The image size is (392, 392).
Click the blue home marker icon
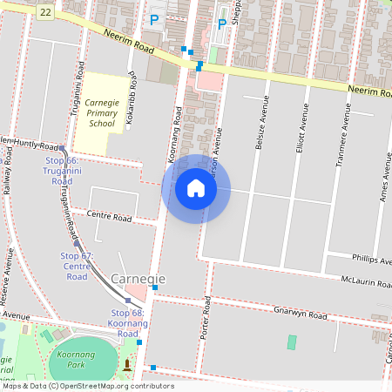click(x=196, y=189)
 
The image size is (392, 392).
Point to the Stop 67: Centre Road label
click(x=77, y=266)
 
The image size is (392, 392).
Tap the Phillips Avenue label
click(x=370, y=258)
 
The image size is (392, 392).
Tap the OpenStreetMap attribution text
click(x=87, y=386)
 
